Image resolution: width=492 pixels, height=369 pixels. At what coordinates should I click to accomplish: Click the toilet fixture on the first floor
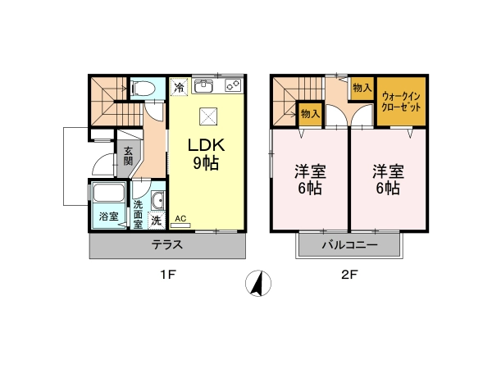(143, 89)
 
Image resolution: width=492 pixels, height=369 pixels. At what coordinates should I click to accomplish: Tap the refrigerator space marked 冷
(179, 86)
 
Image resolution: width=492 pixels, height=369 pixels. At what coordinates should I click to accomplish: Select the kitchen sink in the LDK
(203, 86)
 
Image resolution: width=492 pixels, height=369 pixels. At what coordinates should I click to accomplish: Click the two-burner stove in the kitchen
(233, 86)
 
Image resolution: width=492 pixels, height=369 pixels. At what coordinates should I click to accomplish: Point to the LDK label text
(206, 145)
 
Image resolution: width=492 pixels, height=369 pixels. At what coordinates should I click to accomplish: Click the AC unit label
(180, 219)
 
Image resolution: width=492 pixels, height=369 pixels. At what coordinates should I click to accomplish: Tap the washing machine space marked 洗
(157, 221)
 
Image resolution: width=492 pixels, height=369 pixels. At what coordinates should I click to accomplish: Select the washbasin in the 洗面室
(157, 200)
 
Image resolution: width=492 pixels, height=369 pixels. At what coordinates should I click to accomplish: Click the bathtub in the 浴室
(108, 192)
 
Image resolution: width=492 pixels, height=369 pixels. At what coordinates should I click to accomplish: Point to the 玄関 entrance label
(128, 156)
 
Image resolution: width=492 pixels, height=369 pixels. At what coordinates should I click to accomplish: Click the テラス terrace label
(167, 244)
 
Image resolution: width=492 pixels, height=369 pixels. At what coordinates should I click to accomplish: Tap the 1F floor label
(168, 276)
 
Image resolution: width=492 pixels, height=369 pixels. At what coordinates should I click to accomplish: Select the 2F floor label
(349, 276)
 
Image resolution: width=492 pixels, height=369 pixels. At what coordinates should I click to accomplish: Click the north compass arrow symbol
(258, 283)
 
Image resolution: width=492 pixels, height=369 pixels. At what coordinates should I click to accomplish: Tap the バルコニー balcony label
(349, 244)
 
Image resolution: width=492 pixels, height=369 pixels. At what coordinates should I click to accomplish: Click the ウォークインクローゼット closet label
(401, 102)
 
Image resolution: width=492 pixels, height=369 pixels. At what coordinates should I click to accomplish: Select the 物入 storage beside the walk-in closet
(362, 88)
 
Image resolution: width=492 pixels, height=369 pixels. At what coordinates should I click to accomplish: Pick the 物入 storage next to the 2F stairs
(310, 114)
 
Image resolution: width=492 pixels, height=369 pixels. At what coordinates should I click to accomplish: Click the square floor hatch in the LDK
(208, 116)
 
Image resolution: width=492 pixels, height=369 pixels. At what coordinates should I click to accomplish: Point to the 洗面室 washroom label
(138, 214)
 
